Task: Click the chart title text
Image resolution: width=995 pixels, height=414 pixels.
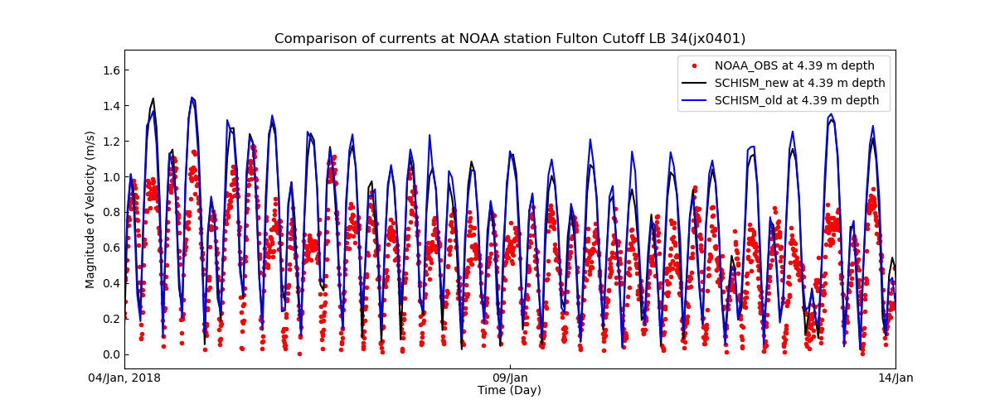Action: [x=510, y=39]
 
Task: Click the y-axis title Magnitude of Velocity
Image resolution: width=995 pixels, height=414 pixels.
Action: [x=90, y=209]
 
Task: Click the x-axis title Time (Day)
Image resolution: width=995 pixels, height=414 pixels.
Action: [x=509, y=390]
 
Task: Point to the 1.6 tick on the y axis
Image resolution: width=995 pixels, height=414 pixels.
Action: [x=110, y=70]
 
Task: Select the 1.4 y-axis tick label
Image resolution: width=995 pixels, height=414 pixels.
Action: [x=110, y=106]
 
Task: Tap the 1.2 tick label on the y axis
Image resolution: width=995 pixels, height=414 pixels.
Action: [x=110, y=142]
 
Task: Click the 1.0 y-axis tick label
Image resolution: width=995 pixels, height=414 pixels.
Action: [x=110, y=177]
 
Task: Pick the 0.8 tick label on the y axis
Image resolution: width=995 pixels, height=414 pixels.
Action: [x=110, y=212]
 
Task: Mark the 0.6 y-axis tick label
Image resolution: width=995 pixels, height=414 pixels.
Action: [x=110, y=248]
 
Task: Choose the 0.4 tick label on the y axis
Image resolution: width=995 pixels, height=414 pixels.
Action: [x=110, y=283]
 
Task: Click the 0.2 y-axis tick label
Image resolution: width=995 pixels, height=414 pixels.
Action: [x=110, y=319]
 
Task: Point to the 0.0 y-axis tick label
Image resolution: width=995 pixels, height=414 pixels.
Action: [x=110, y=354]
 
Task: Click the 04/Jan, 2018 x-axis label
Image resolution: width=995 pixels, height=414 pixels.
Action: [x=125, y=378]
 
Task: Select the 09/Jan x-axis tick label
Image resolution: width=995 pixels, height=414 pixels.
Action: [x=510, y=378]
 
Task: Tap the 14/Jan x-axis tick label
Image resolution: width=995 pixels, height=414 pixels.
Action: [x=895, y=378]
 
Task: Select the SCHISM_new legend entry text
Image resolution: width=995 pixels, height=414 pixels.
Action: [x=799, y=83]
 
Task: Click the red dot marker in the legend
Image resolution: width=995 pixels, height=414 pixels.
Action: [x=694, y=65]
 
